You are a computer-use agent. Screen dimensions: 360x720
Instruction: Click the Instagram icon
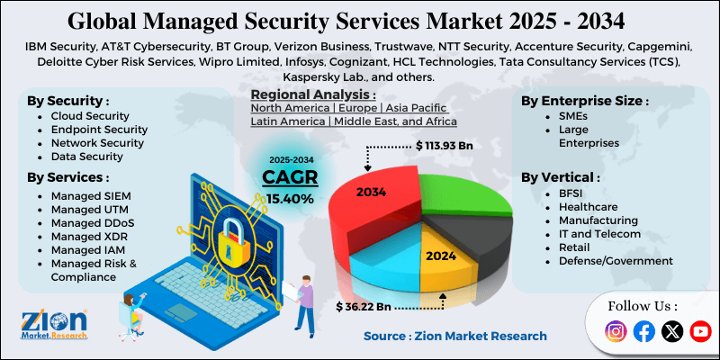click(616, 331)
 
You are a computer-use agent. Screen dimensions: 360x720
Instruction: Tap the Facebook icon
click(643, 331)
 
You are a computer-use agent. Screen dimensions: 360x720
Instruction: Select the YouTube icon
click(700, 331)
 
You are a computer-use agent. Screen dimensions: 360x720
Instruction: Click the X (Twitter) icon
click(672, 331)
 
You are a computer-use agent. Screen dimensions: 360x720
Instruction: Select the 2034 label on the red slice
click(371, 192)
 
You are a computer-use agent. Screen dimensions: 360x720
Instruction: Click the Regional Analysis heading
click(312, 94)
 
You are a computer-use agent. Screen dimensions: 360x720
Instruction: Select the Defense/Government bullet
click(615, 261)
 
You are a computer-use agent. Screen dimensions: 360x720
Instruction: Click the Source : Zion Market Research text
click(454, 336)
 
